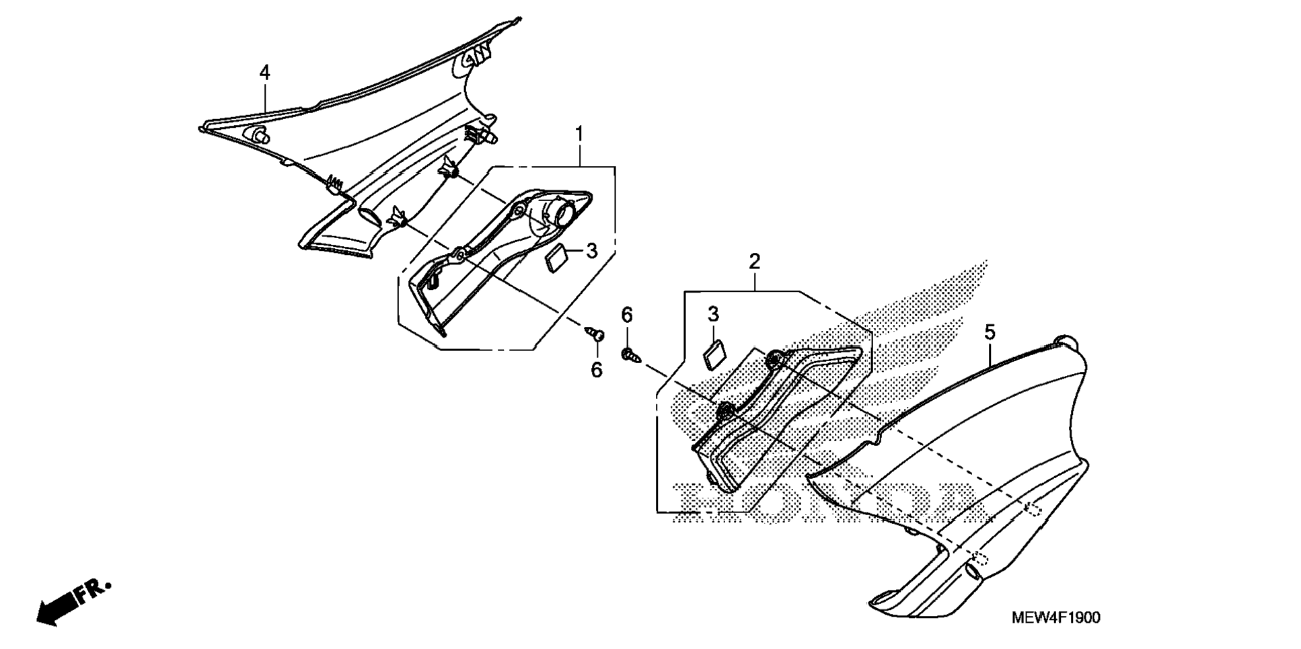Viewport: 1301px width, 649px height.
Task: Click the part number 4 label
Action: [265, 73]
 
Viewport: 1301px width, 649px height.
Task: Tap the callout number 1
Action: [579, 134]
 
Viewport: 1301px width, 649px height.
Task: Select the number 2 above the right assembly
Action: [754, 261]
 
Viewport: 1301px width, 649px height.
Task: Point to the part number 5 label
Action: [990, 332]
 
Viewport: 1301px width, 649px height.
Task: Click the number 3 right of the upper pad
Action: [591, 251]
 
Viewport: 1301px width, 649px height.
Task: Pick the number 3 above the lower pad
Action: [713, 314]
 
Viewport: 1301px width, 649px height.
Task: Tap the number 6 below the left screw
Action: [597, 370]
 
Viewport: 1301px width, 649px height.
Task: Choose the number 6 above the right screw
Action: [626, 314]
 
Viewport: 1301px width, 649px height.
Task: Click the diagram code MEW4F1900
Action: [1056, 618]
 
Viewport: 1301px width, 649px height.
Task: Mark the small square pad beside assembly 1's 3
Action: [557, 260]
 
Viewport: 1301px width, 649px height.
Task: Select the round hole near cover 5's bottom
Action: [972, 572]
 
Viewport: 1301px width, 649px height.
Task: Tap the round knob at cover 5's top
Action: [1066, 341]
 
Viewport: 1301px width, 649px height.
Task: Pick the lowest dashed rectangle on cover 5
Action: [981, 560]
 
